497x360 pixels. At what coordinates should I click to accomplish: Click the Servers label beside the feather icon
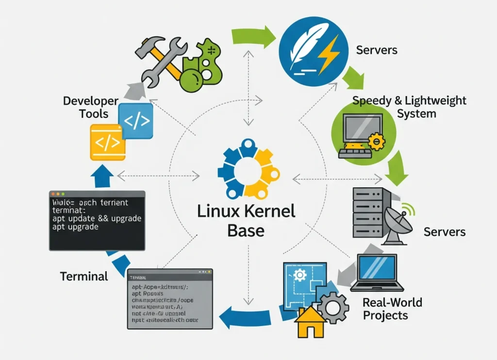coord(376,50)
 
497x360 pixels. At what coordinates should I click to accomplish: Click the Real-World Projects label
coord(392,309)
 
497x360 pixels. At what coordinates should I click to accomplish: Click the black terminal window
coord(97,220)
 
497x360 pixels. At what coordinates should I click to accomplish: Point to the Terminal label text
coord(84,277)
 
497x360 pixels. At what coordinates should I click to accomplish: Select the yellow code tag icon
coord(107,142)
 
